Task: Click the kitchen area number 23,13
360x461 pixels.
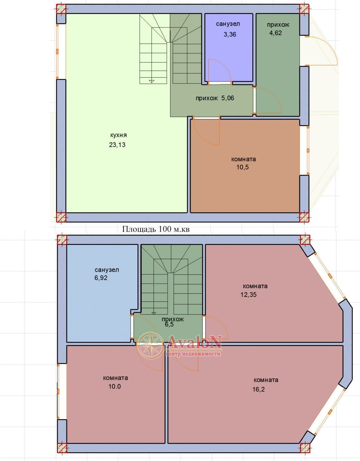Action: [117, 145]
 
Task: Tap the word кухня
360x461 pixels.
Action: [118, 135]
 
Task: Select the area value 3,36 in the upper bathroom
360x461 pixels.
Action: [230, 34]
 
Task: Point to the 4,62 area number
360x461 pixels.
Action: [276, 33]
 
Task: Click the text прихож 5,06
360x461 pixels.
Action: [215, 98]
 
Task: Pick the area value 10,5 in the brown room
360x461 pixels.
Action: [243, 167]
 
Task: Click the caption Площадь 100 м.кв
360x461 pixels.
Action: [156, 229]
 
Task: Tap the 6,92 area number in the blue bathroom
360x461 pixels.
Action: [101, 278]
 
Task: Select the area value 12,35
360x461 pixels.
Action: [249, 295]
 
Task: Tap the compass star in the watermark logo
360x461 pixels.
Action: [150, 345]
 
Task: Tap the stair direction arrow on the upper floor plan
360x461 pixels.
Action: [151, 81]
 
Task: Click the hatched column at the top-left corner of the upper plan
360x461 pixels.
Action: [61, 9]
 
